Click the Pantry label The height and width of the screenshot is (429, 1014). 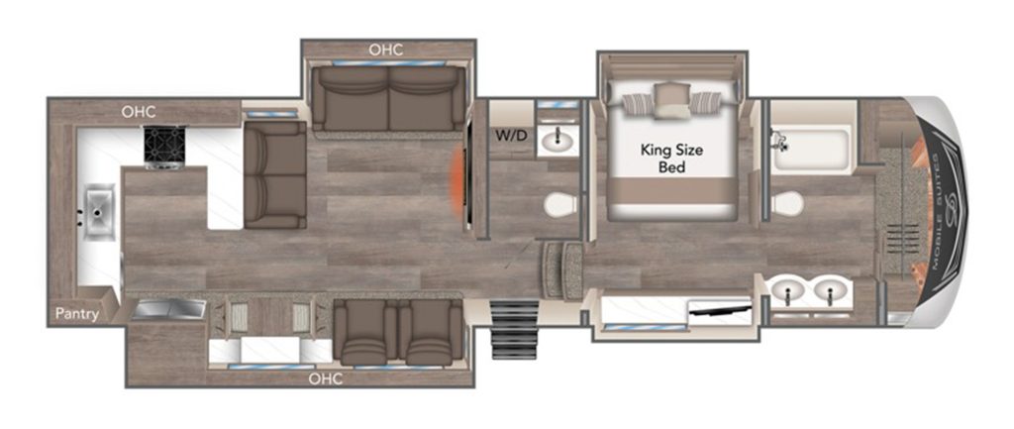(x=76, y=314)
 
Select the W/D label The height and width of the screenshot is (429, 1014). (x=511, y=136)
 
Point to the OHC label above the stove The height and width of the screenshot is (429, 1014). (x=139, y=111)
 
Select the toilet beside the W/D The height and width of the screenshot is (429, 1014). (x=561, y=204)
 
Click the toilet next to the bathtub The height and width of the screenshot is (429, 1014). (x=788, y=204)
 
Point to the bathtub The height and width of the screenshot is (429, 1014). (x=812, y=149)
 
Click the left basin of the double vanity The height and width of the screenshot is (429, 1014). (x=790, y=291)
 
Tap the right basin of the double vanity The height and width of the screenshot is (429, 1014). (x=831, y=291)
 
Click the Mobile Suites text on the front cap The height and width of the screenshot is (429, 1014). (x=940, y=208)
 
